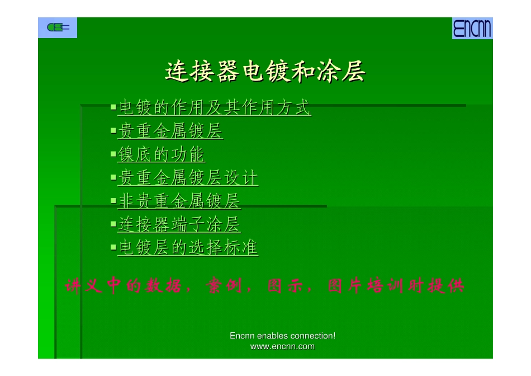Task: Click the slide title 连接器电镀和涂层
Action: coord(265,72)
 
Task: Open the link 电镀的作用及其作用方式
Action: coord(215,107)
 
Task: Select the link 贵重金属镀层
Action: coord(170,131)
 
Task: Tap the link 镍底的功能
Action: coord(162,155)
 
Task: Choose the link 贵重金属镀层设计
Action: coord(188,178)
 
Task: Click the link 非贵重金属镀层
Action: coord(179,201)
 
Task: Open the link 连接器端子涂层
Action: coord(179,224)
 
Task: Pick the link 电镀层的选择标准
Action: coord(188,247)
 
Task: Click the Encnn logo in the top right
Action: coord(472,28)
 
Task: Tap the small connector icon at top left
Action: coord(58,27)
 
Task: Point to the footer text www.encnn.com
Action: coord(282,346)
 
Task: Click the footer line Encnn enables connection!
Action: coord(282,336)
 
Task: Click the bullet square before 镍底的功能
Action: coord(113,153)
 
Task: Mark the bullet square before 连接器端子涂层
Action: coord(113,223)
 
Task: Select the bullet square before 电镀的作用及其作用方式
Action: coord(113,106)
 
